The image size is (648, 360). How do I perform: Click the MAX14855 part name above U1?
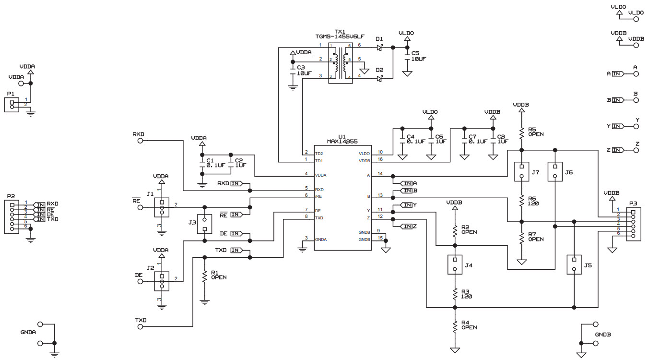(x=342, y=142)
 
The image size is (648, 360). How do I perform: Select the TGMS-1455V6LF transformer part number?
(x=340, y=36)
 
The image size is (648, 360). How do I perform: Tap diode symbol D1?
(x=379, y=48)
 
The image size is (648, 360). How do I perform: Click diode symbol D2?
(x=379, y=78)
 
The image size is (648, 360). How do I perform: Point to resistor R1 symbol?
(x=205, y=276)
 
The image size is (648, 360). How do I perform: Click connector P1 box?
(x=12, y=105)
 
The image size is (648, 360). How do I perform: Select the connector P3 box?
(x=634, y=224)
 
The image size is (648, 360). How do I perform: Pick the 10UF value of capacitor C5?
(x=418, y=59)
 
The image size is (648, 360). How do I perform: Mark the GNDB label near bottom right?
(x=602, y=334)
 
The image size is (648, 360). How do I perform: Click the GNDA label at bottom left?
(x=28, y=332)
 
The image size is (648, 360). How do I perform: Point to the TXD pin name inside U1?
(x=319, y=218)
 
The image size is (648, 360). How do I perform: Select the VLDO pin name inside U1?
(x=365, y=154)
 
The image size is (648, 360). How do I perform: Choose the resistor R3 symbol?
(x=455, y=293)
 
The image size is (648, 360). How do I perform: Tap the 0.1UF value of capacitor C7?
(x=478, y=142)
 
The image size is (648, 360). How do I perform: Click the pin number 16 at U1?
(x=380, y=159)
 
